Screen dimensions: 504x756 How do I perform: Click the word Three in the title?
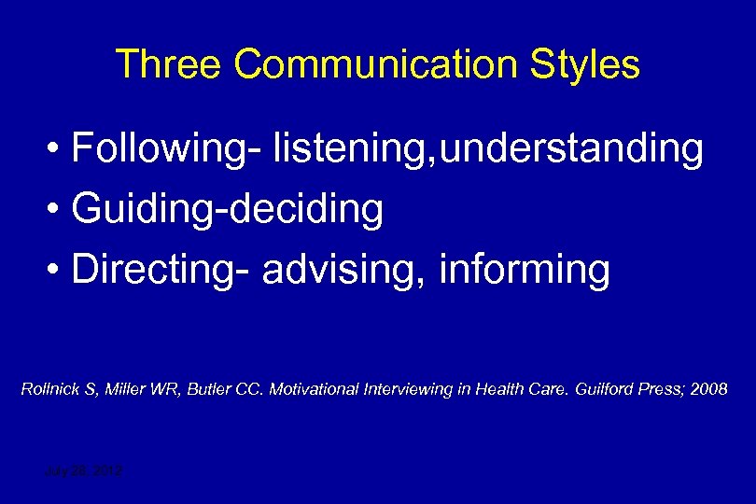coord(169,64)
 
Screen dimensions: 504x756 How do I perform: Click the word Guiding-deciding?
coord(227,210)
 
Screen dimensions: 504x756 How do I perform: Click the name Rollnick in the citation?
coord(51,389)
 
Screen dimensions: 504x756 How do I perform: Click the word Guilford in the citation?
coord(596,389)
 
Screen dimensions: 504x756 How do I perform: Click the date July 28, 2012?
coord(84,472)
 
